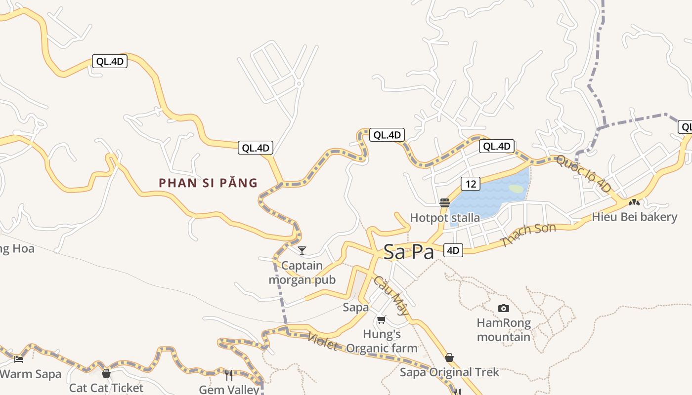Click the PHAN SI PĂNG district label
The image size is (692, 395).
point(208,183)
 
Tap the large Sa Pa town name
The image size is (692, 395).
point(409,252)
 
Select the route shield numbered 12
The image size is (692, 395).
point(471,184)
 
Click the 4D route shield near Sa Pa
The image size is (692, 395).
point(453,250)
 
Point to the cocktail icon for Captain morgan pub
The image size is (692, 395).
point(302,251)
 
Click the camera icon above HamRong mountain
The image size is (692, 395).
point(503,309)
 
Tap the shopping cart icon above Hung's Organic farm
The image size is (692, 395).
point(381,320)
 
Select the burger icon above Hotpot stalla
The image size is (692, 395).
point(444,202)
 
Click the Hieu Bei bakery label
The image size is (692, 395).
point(634,217)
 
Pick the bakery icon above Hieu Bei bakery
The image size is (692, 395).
point(634,202)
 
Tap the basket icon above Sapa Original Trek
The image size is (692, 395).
point(449,357)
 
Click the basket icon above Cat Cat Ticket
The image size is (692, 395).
point(106,373)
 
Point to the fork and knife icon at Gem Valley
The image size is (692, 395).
point(229,375)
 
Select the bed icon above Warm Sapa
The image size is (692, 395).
point(19,359)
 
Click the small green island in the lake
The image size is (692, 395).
point(516,189)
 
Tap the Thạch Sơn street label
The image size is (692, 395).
point(528,235)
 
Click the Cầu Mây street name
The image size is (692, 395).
point(391,296)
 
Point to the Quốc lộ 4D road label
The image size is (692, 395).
point(583,174)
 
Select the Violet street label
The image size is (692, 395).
point(323,341)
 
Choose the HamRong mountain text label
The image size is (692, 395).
point(503,330)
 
